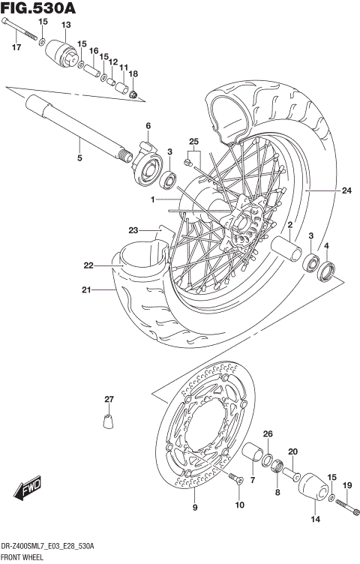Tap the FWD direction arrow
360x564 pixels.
tap(28, 488)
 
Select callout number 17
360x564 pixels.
tap(16, 48)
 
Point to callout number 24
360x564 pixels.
tap(346, 190)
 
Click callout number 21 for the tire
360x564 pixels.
tap(86, 290)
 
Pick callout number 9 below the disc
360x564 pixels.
tap(195, 508)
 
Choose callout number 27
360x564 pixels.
tap(109, 398)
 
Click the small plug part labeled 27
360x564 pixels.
tap(107, 418)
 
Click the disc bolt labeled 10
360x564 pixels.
tap(235, 478)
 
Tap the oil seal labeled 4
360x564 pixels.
tap(327, 271)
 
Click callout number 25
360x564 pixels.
tap(193, 142)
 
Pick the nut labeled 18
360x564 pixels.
tap(133, 94)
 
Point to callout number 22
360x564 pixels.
tap(88, 265)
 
